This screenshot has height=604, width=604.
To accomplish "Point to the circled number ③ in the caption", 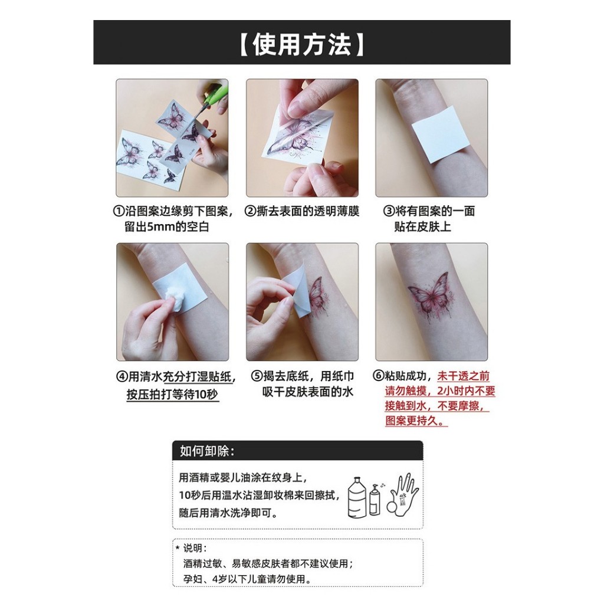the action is coord(388,211).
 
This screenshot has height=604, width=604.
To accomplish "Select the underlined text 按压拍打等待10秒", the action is coord(172,395).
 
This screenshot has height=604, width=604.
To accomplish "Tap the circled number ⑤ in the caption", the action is coord(257,376).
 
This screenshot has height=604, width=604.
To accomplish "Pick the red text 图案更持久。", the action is coord(416,421).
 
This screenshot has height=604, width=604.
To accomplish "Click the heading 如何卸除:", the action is coord(207,451).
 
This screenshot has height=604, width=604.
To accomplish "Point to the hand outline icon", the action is coord(403,494).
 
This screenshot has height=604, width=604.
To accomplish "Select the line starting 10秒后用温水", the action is coord(260,495).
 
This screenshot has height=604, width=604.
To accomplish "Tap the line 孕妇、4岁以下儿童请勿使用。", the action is coord(247,579).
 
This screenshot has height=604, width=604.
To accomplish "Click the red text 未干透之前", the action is coord(463,376).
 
